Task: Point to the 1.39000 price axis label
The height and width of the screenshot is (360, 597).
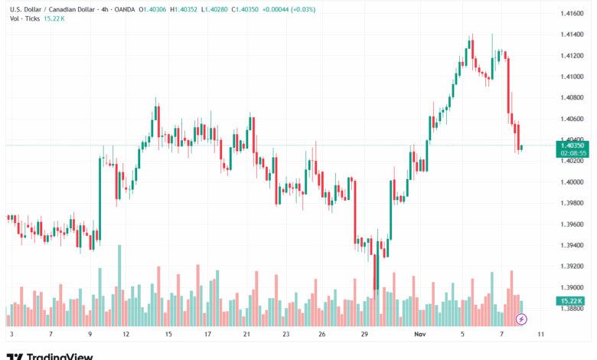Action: click(572, 287)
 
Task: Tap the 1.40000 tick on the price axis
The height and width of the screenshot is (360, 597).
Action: click(572, 182)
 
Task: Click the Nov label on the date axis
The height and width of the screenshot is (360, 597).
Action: click(419, 335)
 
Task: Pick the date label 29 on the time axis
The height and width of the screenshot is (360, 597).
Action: click(364, 335)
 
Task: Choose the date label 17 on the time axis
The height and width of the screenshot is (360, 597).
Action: click(207, 335)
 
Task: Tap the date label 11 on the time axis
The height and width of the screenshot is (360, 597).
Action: click(540, 335)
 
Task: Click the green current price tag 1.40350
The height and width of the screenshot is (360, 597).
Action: click(572, 146)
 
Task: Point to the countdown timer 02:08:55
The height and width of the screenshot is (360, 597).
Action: click(572, 153)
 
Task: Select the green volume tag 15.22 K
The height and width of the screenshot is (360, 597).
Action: click(572, 302)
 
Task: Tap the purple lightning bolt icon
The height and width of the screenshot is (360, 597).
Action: click(522, 318)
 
